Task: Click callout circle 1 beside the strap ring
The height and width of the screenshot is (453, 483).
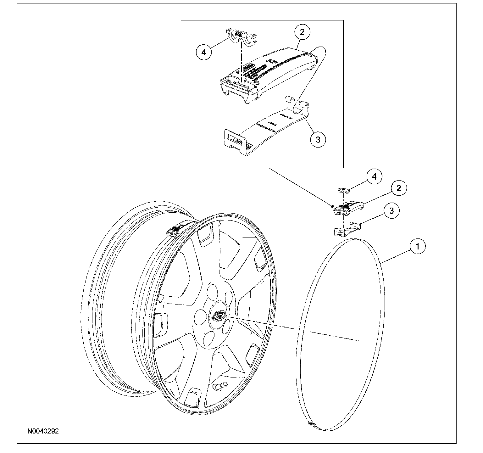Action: (x=418, y=247)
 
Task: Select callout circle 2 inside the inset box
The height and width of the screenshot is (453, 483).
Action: (x=302, y=32)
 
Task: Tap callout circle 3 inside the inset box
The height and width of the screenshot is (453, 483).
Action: (x=318, y=139)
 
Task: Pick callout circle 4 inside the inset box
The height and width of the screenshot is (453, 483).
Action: (x=204, y=52)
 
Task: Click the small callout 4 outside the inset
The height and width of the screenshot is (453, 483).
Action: (x=374, y=177)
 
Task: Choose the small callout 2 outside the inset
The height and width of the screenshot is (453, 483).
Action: (x=399, y=188)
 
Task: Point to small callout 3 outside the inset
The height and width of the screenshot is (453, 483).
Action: (x=391, y=210)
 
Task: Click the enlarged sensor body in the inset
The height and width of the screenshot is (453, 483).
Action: (x=270, y=74)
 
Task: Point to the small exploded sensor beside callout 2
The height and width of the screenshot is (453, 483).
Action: (x=347, y=208)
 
